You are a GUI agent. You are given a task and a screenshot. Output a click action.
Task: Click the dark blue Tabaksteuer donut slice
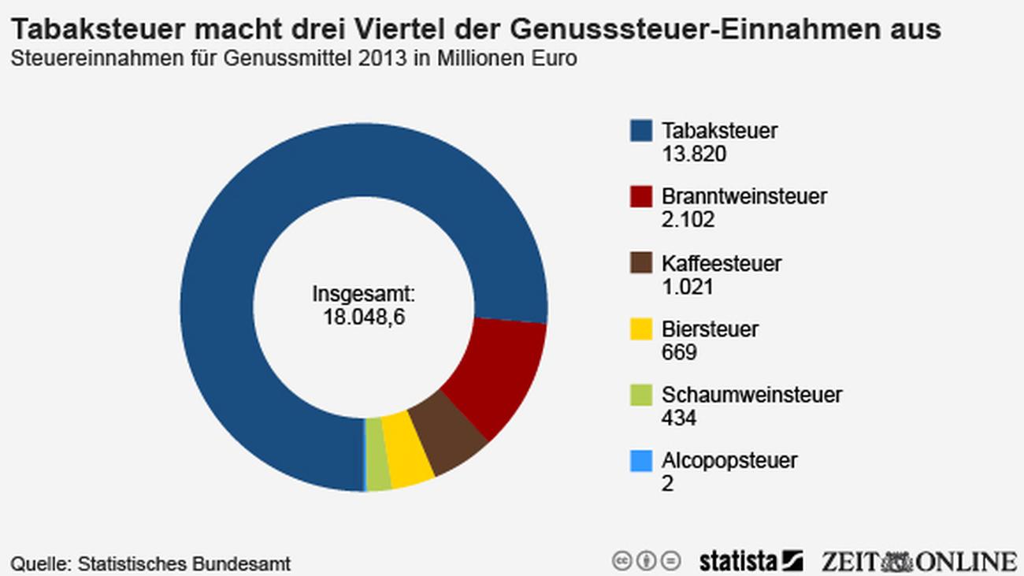pos(236,236)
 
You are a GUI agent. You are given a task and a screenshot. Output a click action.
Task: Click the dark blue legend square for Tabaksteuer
pos(641,131)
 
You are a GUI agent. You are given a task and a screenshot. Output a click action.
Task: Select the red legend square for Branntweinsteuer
pos(641,196)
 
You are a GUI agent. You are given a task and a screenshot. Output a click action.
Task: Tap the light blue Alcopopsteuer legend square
pos(641,461)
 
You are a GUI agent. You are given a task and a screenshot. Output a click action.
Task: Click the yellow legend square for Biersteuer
pos(641,329)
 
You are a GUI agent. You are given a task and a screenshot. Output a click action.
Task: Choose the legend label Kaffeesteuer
pos(722,262)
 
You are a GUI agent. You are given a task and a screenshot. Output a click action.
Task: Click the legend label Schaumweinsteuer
pos(751,394)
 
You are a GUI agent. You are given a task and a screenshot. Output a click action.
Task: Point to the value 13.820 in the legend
pos(693,154)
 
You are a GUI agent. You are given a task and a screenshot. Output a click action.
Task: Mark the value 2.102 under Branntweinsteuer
pos(688,219)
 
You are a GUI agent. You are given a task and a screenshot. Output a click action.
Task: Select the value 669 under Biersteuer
pos(679,351)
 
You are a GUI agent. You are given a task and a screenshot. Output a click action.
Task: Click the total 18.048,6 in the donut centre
pos(363,318)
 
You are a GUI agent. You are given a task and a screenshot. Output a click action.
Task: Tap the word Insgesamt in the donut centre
pos(363,295)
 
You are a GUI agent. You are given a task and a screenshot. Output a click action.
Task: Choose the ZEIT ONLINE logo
pos(918,561)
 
